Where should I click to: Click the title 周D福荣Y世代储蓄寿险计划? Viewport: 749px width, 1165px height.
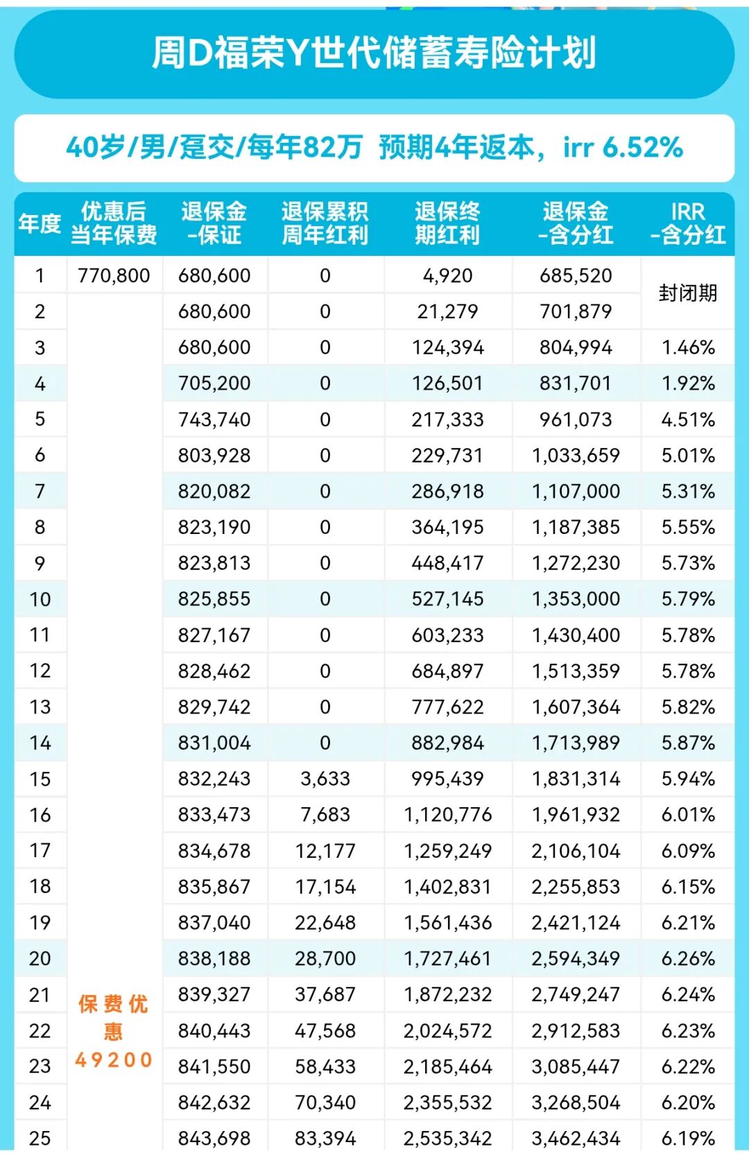(374, 53)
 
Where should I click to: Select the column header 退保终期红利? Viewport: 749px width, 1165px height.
(447, 223)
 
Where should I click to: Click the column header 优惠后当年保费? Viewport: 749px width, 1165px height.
(114, 223)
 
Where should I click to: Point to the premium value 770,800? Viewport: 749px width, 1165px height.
(114, 276)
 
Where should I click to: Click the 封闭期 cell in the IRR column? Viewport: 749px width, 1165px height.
(687, 293)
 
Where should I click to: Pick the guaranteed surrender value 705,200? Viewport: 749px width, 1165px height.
(214, 383)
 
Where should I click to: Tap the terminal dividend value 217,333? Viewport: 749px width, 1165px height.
(447, 420)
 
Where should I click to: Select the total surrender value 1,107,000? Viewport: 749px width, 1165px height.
(576, 492)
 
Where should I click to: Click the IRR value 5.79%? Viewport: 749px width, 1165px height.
(687, 599)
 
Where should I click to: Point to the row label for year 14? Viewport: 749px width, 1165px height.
(40, 743)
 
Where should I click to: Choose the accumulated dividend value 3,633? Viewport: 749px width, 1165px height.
(325, 779)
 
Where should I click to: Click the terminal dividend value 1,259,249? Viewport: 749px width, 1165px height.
(447, 851)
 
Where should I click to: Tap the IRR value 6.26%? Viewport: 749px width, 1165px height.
(687, 959)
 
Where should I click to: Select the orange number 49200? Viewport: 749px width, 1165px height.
(114, 1060)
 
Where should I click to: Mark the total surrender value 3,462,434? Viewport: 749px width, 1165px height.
(576, 1139)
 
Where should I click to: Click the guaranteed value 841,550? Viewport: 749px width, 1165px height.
(214, 1067)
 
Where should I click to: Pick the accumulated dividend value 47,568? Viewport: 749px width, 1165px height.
(325, 1031)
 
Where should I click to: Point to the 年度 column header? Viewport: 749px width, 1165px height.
(40, 223)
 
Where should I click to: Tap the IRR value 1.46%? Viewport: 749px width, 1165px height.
(687, 347)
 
